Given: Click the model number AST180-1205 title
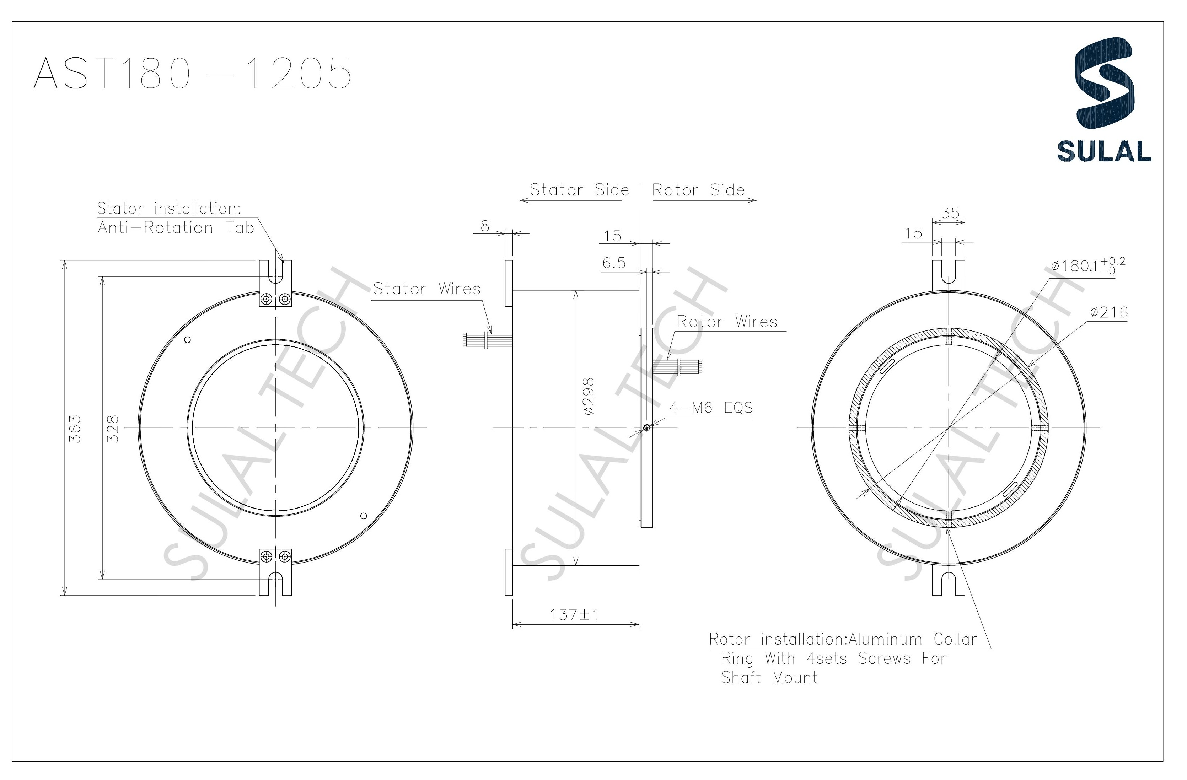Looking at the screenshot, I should point(192,73).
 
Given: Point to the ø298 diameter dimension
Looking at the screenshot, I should point(589,397).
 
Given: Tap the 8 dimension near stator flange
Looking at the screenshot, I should point(485,226).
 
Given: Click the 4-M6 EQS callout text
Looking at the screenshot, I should point(711,408).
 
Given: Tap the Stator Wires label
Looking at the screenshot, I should point(427,289).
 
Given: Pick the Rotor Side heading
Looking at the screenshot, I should point(698,190).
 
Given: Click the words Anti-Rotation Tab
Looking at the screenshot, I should point(176,228).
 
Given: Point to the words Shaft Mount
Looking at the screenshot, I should point(769,678).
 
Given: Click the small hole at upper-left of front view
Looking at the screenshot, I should point(188,340).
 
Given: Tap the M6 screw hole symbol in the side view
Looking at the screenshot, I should point(646,427).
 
